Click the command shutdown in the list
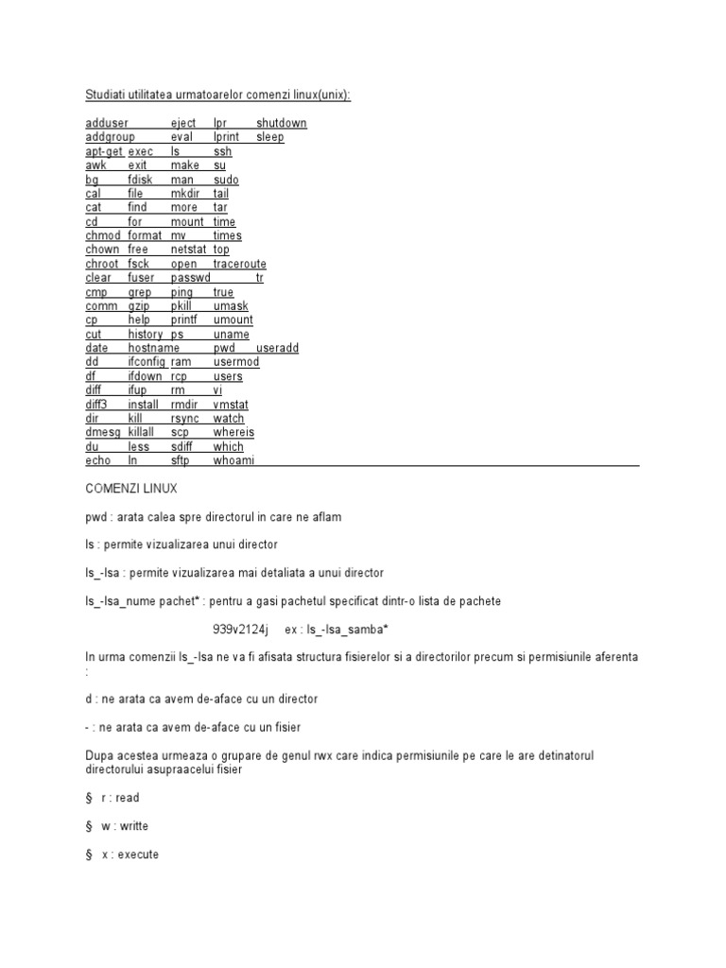[x=281, y=123]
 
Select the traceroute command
[x=239, y=264]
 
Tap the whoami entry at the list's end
[x=233, y=460]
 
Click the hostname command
[x=153, y=348]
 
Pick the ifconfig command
[x=147, y=362]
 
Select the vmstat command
[x=230, y=404]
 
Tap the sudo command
[x=226, y=180]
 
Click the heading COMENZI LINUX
[x=130, y=489]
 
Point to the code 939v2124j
[x=240, y=630]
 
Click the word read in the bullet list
[x=128, y=798]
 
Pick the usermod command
[x=235, y=362]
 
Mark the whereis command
[x=233, y=432]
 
